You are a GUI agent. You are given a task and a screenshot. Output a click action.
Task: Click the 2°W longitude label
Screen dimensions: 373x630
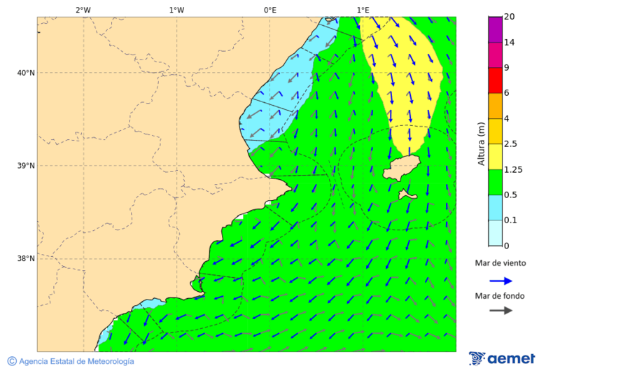tap(83, 10)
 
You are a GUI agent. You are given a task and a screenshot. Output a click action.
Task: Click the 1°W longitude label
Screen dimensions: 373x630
tap(176, 10)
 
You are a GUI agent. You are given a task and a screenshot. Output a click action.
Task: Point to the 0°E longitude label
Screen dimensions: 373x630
tap(269, 10)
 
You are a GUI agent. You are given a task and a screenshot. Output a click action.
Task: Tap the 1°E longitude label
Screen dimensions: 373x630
tap(363, 10)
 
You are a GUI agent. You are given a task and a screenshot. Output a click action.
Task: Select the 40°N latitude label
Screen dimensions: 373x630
tap(26, 73)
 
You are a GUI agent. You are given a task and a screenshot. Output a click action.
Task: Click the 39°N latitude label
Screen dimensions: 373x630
tap(26, 166)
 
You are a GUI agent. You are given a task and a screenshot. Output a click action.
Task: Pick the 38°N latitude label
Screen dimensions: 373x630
tap(26, 259)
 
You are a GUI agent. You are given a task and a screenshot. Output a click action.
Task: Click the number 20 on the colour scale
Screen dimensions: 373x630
tap(510, 17)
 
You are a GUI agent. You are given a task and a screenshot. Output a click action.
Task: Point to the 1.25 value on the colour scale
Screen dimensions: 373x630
tap(513, 169)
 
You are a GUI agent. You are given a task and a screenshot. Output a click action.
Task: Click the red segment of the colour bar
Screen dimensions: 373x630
tap(495, 80)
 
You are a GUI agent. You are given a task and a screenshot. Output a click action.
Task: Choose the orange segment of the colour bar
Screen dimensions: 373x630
tap(495, 106)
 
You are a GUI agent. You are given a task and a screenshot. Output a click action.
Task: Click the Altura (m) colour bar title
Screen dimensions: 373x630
tap(481, 143)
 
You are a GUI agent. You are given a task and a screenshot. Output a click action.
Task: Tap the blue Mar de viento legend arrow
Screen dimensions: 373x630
tap(500, 281)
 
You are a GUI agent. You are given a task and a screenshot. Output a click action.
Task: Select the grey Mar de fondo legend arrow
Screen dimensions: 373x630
tap(500, 310)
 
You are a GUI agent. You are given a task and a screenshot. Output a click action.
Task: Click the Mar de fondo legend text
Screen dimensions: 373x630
tap(500, 296)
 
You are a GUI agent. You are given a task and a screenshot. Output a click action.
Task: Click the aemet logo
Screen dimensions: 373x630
tap(502, 358)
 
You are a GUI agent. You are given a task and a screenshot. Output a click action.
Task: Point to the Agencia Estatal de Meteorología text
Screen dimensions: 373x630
tap(76, 361)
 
